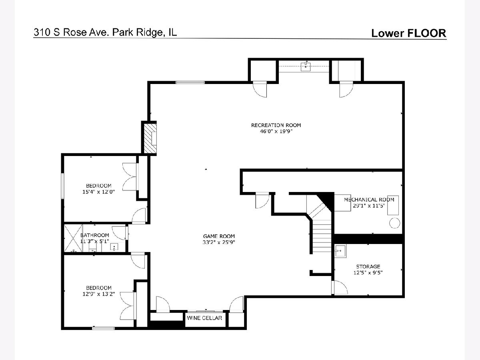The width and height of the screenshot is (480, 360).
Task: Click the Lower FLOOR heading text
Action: (x=409, y=33)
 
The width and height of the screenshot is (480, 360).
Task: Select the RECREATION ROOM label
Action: (x=276, y=125)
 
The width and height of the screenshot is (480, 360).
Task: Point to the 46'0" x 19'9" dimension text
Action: (x=276, y=131)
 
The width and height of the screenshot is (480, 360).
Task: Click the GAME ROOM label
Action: (x=219, y=236)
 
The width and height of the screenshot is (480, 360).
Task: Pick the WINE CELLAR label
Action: (x=204, y=318)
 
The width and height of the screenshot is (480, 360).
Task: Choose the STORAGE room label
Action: (x=368, y=267)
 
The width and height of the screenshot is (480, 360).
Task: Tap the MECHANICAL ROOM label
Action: (x=369, y=200)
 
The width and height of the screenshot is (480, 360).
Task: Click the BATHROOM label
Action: (x=95, y=235)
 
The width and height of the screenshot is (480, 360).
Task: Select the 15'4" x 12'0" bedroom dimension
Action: (x=99, y=192)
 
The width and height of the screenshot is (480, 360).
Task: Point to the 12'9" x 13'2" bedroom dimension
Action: (x=99, y=294)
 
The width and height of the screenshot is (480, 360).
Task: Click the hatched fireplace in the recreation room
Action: (x=150, y=138)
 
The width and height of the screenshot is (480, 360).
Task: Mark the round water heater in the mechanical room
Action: (x=395, y=223)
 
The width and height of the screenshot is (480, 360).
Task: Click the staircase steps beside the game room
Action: (x=322, y=236)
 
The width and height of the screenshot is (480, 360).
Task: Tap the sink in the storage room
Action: (x=340, y=251)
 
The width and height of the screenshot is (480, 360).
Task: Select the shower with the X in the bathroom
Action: (x=73, y=238)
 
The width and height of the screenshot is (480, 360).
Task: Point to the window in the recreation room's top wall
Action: (x=190, y=82)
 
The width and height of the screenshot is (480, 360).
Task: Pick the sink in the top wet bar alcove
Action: (x=306, y=66)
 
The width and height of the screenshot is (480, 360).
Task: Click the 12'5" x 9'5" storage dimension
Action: (x=368, y=273)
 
